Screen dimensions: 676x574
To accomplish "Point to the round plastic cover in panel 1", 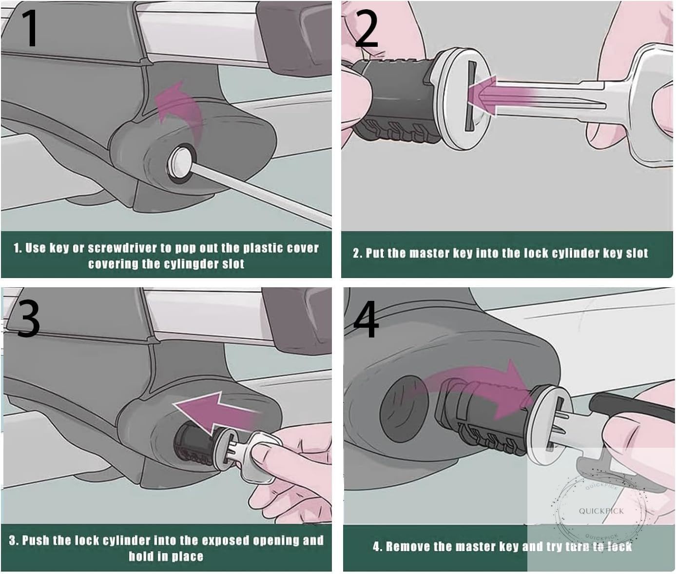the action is [180, 162].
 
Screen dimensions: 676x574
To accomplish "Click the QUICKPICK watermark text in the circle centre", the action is [601, 511].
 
